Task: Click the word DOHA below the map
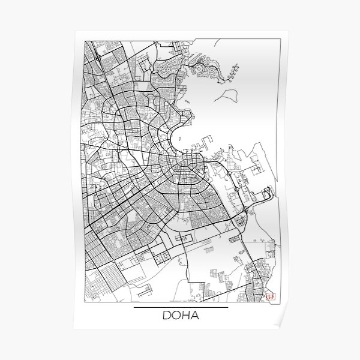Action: (180, 316)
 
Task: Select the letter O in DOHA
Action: (175, 316)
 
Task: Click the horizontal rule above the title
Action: (180, 307)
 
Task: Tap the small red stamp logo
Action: (270, 295)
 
